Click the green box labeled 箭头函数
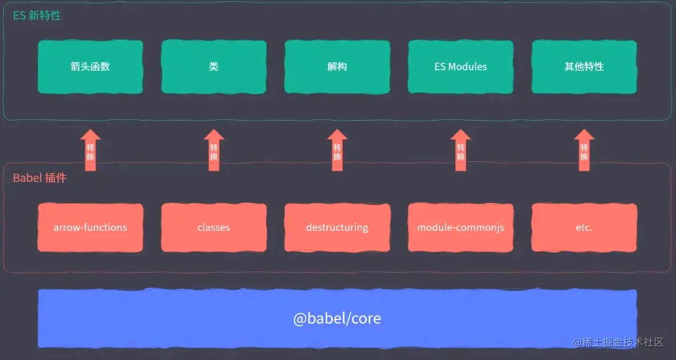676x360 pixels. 90,67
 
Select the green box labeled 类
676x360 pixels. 214,67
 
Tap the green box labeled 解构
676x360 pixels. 337,67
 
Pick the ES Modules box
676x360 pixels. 461,67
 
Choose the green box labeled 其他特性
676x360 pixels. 584,67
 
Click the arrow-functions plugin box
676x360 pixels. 90,227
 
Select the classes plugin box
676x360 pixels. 214,227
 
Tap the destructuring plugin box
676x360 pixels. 337,227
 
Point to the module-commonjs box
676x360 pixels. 461,227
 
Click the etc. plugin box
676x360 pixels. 584,227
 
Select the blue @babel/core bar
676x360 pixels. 337,318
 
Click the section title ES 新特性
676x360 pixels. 37,16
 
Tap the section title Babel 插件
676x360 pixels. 40,178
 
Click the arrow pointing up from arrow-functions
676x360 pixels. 90,151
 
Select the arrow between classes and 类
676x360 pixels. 214,151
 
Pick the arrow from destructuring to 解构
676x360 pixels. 337,151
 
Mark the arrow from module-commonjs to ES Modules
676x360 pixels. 461,151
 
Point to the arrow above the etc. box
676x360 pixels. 584,151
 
